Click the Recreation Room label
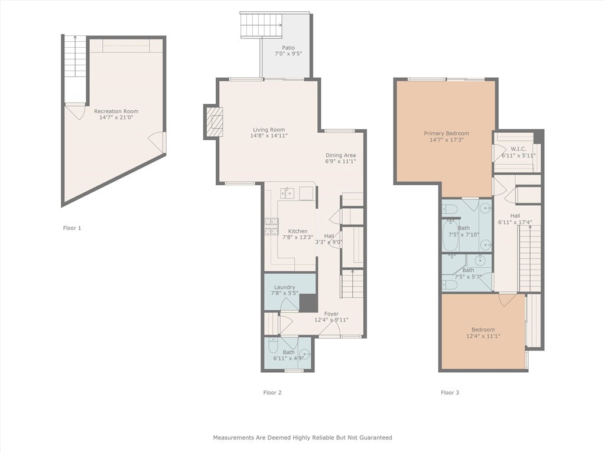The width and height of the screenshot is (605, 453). pos(116,111)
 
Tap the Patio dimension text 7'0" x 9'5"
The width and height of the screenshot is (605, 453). pos(288,54)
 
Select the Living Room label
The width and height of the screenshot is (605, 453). pos(269,130)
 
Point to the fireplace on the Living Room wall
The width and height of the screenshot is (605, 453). pos(215,122)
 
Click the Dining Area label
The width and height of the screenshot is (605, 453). pos(341,155)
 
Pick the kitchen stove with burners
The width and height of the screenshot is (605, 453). pos(271,226)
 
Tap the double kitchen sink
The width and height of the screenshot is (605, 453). pos(287,192)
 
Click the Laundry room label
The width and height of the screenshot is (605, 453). pos(284,287)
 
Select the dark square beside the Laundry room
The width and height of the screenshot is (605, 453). pos(308,303)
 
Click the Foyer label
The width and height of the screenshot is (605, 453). pos(331,314)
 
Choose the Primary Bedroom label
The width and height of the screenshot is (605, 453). pos(446,133)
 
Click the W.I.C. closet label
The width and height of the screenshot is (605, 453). pos(518,149)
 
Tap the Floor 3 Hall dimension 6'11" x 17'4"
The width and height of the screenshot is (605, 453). pos(515,222)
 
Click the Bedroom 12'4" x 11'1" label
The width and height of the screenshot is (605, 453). pos(483,330)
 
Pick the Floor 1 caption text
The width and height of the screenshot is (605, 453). pos(72,228)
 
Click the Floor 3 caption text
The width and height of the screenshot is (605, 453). pos(450,392)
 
